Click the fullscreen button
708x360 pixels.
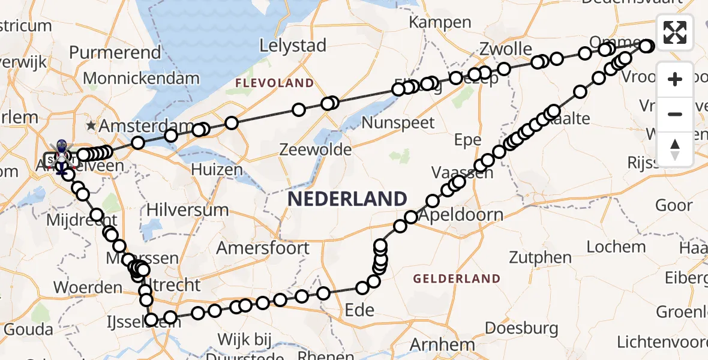click(675, 32)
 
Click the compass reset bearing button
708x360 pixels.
click(675, 149)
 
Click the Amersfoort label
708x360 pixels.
click(263, 248)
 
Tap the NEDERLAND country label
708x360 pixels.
click(347, 199)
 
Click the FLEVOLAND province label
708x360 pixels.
click(274, 83)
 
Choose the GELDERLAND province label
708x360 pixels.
click(457, 278)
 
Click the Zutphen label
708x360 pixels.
click(540, 258)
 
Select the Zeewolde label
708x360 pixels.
click(315, 149)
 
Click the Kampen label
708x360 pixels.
click(440, 22)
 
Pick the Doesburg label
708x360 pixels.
click(521, 328)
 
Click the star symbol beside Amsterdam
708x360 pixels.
click(91, 125)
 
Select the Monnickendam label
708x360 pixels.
click(141, 78)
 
